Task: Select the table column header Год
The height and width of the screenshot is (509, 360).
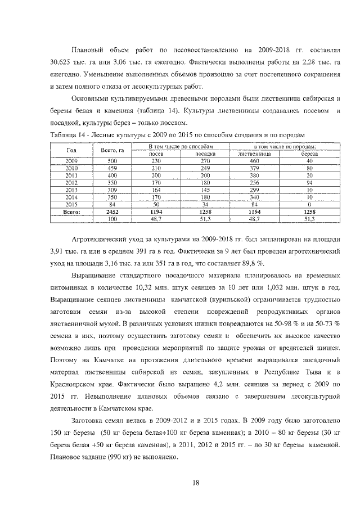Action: [71, 150]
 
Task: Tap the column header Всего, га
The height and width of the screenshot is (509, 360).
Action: [112, 150]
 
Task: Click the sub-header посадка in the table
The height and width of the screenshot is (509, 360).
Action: [197, 153]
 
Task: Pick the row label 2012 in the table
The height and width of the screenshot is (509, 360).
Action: [71, 182]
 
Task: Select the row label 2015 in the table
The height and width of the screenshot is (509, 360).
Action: [71, 204]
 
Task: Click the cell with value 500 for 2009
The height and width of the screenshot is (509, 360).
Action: [112, 160]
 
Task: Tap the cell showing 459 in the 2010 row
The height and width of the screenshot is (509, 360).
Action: [112, 168]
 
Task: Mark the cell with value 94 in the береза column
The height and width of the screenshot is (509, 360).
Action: [309, 182]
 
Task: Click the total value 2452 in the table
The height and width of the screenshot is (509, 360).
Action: [112, 211]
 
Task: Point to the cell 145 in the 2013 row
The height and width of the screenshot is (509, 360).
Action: [197, 190]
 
